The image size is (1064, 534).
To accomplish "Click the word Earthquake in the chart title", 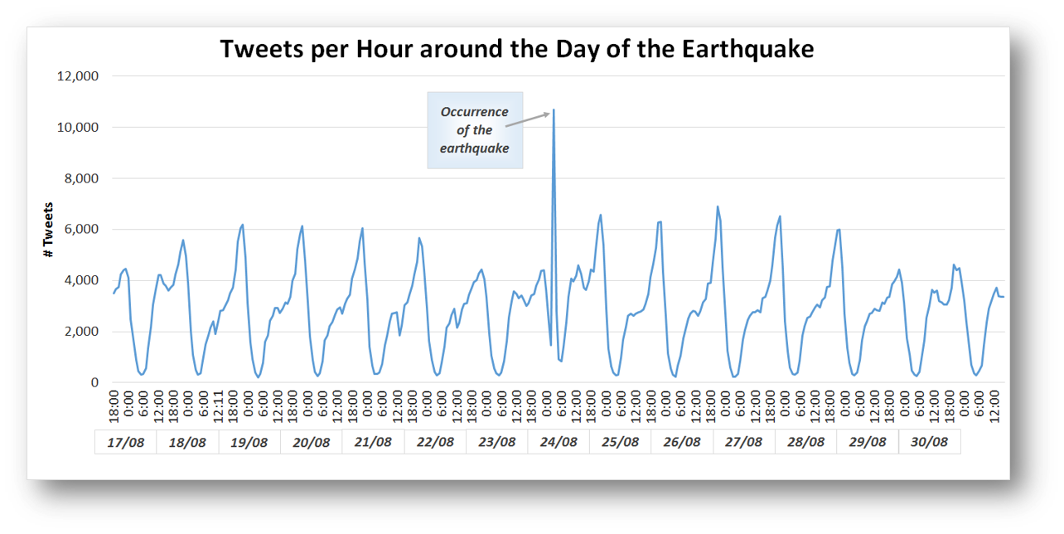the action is click(x=747, y=50).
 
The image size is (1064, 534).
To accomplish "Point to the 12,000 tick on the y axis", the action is click(x=77, y=76).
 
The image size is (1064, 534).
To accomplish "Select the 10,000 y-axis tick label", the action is click(x=77, y=128).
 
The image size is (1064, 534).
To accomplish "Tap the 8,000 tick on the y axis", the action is click(x=81, y=178).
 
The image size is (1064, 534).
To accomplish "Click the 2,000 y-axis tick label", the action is click(x=81, y=332).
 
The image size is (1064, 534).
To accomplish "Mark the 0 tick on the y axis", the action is click(x=94, y=382).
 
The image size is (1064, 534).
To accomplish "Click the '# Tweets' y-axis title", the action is click(x=48, y=230).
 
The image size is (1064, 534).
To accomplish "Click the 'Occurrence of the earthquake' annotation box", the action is click(x=475, y=130).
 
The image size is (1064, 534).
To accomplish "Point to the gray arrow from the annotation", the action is click(x=528, y=119).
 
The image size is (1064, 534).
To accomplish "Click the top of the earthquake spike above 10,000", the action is click(x=554, y=109).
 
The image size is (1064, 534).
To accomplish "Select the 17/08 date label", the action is click(x=125, y=442).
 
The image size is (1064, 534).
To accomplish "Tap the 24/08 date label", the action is click(x=559, y=442).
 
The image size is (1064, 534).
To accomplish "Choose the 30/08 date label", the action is click(x=929, y=442).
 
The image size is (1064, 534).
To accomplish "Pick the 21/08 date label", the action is click(x=373, y=442).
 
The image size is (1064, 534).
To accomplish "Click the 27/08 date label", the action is click(x=743, y=442).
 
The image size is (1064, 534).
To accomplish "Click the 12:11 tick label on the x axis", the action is click(x=218, y=406).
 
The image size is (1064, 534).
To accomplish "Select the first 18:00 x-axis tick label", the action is click(x=114, y=406).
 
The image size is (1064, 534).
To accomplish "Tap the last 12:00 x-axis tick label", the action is click(x=994, y=406).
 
